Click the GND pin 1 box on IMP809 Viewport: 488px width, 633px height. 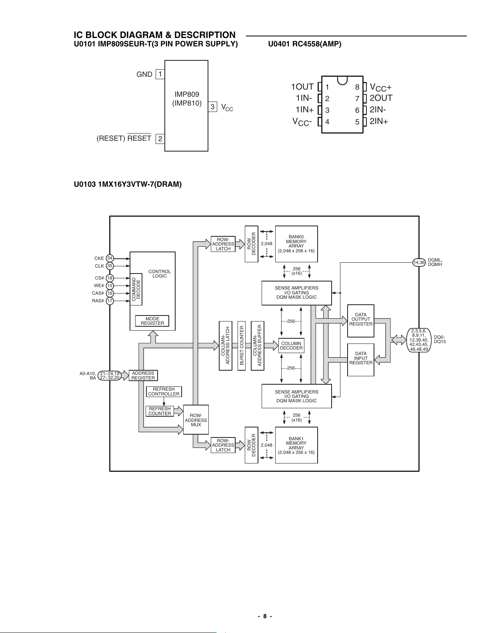coord(160,74)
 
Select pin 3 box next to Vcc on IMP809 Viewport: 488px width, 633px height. coord(212,107)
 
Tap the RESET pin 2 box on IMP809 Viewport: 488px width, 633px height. coord(160,139)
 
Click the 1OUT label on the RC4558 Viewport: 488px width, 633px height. coord(302,86)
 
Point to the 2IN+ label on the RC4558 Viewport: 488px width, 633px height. coord(379,121)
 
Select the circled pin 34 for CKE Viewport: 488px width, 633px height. coord(110,258)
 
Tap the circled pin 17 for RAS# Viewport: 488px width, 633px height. coord(110,301)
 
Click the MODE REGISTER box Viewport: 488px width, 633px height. coord(152,321)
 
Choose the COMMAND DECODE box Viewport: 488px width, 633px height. coord(136,289)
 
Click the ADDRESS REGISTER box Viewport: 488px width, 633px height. coord(143,375)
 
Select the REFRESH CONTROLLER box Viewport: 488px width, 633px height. coord(164,391)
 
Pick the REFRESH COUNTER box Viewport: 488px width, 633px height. coord(160,411)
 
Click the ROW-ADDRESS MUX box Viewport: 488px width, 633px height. coord(196,420)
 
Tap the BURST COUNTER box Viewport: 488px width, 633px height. coord(242,346)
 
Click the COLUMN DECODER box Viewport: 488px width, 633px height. coord(291,345)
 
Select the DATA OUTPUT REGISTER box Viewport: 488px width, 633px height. coord(361,321)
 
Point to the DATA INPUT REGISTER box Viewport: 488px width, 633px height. coord(361,360)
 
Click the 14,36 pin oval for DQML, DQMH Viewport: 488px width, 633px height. coord(419,262)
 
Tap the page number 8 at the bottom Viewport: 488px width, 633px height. coord(265,616)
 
